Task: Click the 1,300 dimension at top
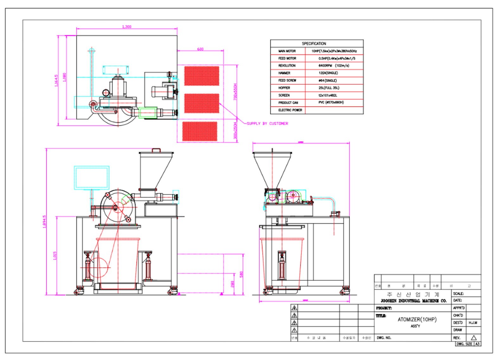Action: [x=127, y=27]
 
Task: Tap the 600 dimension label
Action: [x=200, y=49]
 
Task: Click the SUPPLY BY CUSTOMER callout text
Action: [x=267, y=123]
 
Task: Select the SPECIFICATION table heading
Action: [x=314, y=43]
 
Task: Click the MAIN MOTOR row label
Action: [x=287, y=51]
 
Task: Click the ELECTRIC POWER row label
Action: [x=290, y=110]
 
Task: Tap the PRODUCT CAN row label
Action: [x=288, y=103]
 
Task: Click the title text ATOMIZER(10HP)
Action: [x=417, y=319]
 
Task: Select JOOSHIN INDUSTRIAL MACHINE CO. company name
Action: [x=413, y=301]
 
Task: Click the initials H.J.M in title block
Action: [x=473, y=323]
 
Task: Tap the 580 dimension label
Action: [x=241, y=274]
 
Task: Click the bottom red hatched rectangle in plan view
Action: [x=200, y=131]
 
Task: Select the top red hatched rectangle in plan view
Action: [x=202, y=76]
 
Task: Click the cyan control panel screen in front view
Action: [x=92, y=178]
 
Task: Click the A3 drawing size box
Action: [x=477, y=344]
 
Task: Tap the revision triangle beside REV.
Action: [x=474, y=338]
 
